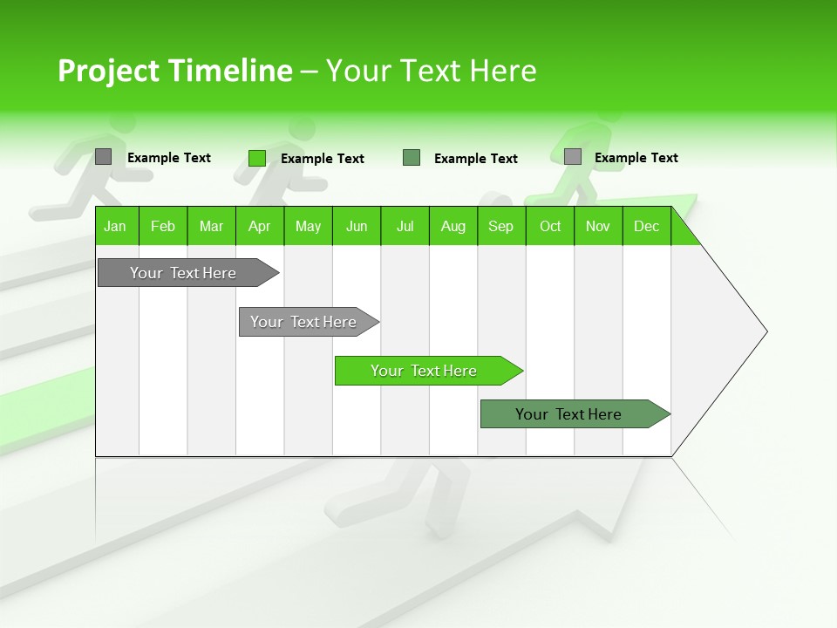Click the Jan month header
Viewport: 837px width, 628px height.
point(115,227)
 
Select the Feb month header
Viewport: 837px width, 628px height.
point(163,227)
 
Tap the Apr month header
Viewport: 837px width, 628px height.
point(259,227)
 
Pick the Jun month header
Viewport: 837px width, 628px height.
point(357,227)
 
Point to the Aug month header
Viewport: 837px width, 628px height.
point(453,227)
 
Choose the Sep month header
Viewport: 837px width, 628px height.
point(500,227)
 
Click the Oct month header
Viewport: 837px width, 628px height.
point(550,227)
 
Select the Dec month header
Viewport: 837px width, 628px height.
point(646,227)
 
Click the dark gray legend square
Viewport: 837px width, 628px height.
point(103,157)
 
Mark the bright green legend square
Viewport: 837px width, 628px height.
point(256,158)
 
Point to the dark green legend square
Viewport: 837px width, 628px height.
point(412,158)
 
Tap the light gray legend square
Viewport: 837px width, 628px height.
point(573,157)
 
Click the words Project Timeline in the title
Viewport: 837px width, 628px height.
point(174,71)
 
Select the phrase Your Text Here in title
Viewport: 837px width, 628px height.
point(431,71)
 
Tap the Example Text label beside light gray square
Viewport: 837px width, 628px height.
point(636,158)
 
